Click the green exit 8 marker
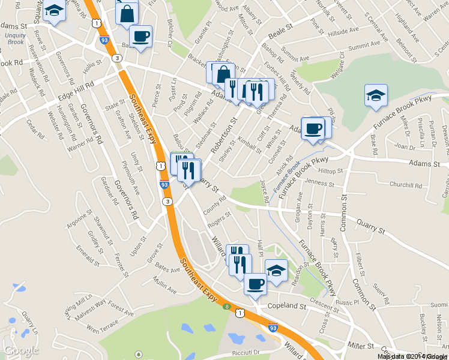click(x=227, y=307)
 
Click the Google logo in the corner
click(x=21, y=350)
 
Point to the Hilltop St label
click(x=330, y=171)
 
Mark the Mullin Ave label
click(x=164, y=287)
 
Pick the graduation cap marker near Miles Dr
click(x=376, y=95)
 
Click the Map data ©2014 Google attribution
click(x=412, y=356)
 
